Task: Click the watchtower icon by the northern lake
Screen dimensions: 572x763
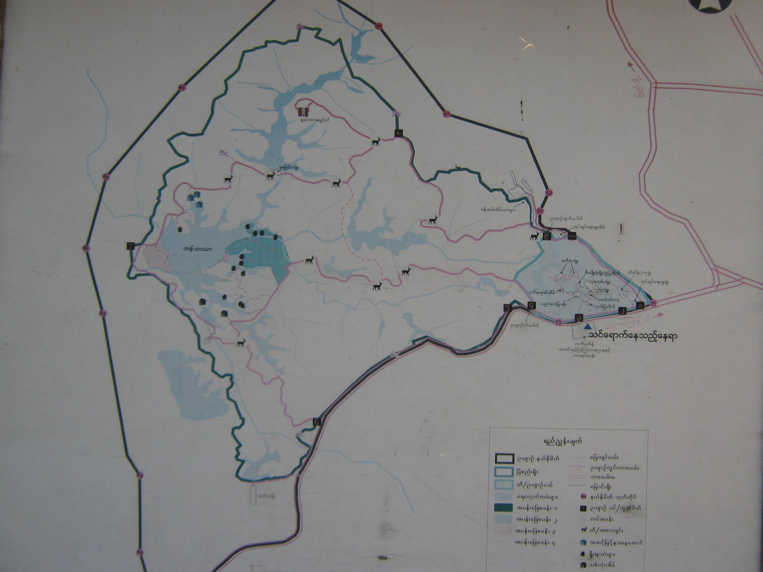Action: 302,112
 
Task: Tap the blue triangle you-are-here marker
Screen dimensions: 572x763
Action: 588,327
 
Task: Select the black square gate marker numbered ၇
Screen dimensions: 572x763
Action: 131,246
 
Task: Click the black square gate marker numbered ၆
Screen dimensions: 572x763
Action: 317,421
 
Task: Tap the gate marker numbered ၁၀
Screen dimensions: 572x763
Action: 571,235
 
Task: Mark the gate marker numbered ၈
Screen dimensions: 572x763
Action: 397,133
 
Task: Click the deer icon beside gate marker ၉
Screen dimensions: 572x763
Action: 535,236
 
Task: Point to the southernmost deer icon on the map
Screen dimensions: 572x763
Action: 241,343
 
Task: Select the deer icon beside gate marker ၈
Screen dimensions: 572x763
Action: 376,141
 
